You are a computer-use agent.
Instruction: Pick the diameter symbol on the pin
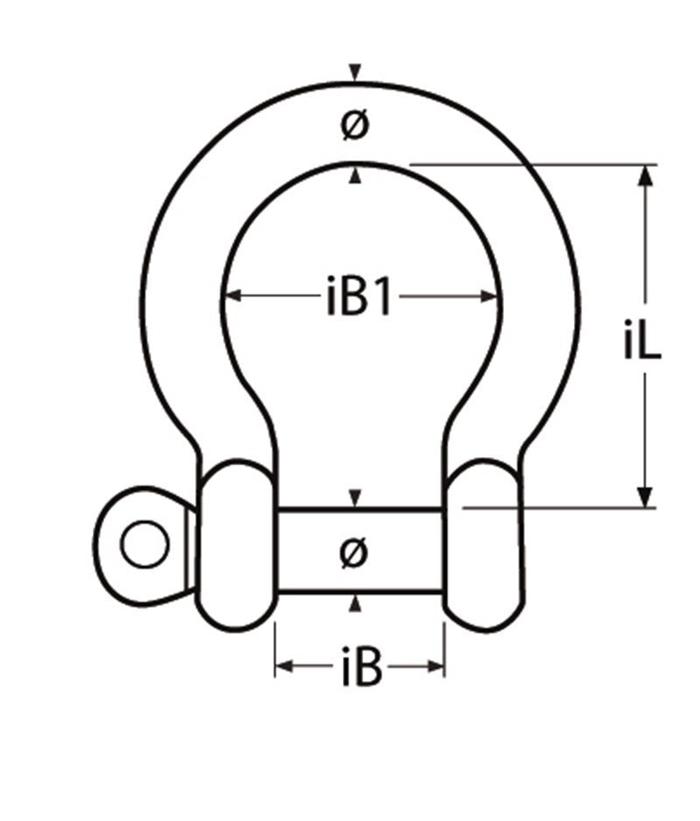354,552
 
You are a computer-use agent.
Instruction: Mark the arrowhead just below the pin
354,603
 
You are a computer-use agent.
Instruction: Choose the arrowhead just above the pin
354,498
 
